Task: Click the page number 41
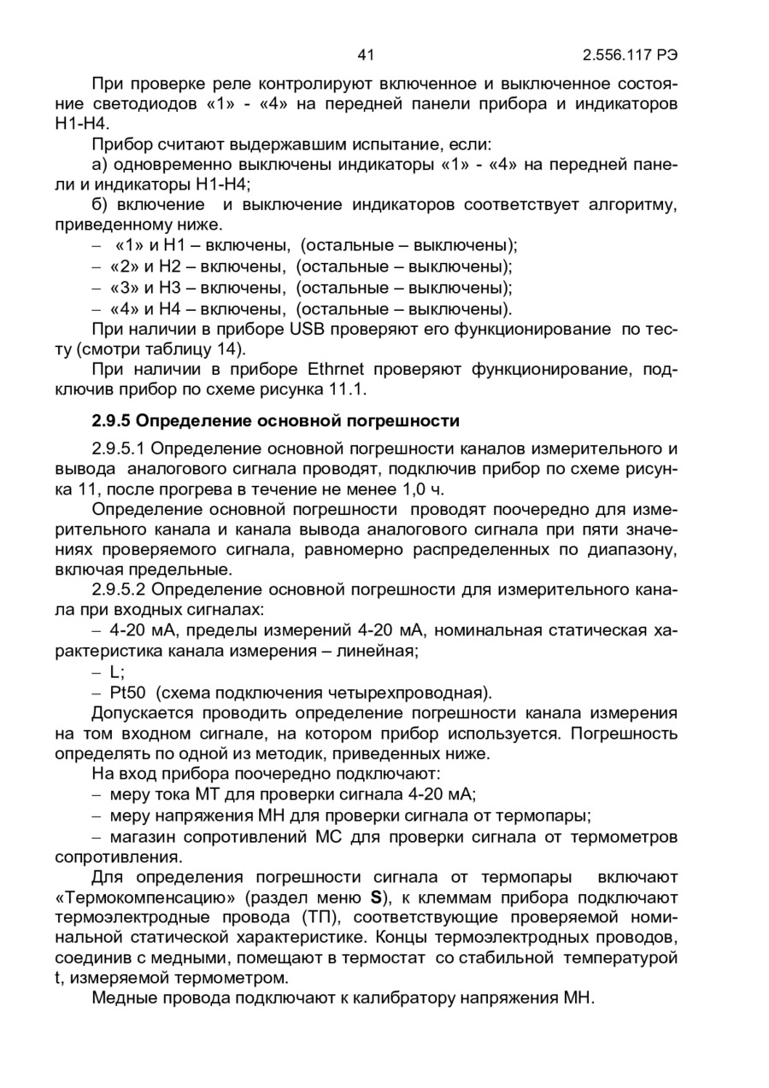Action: [x=367, y=56]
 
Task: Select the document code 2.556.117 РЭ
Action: [x=631, y=56]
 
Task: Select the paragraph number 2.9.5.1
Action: [x=119, y=448]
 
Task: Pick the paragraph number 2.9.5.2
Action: [x=119, y=590]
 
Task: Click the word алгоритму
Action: [x=634, y=205]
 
